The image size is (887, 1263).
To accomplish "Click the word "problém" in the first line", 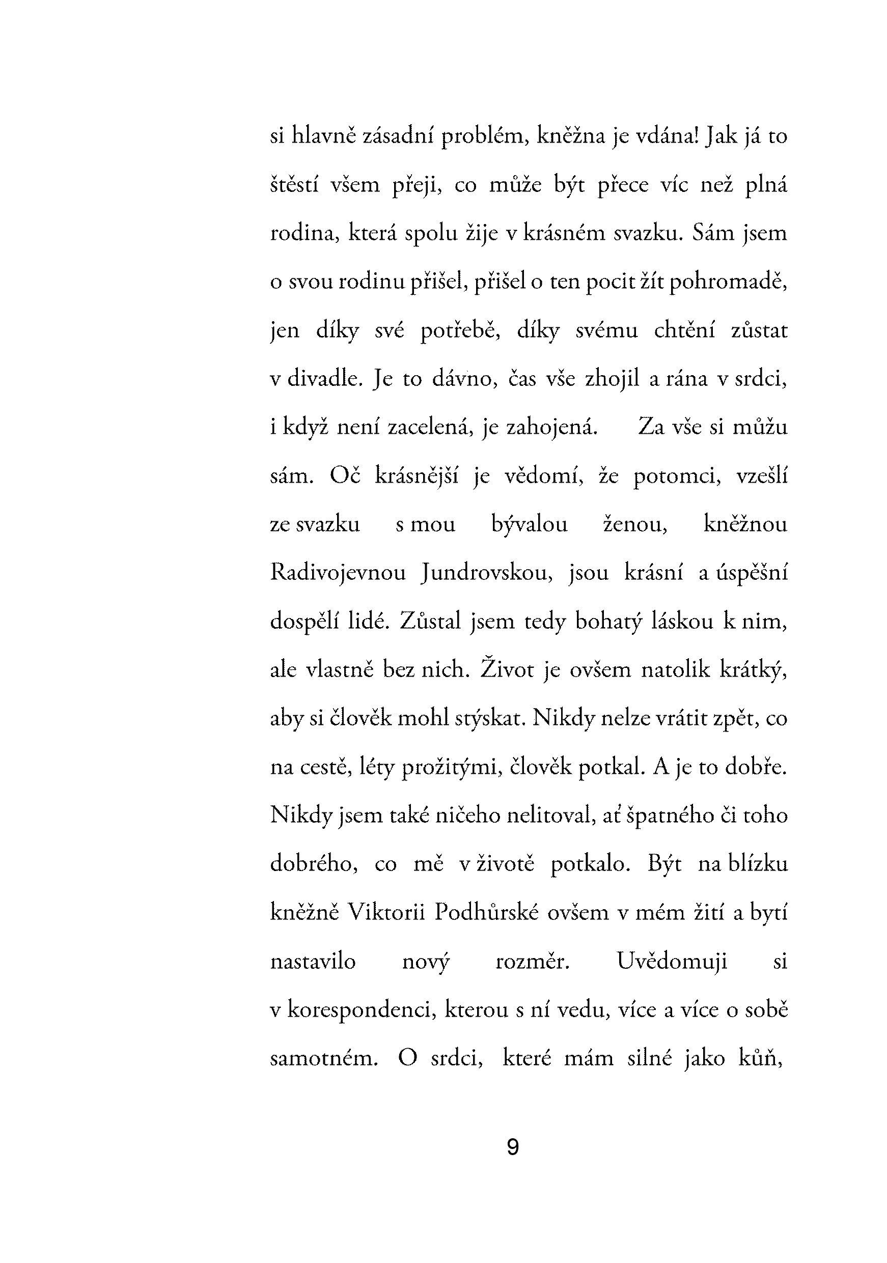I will tap(485, 136).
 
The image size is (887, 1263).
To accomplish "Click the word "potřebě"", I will tap(459, 330).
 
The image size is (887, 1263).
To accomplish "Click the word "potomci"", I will tap(677, 476).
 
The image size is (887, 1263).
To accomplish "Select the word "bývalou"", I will tap(530, 524).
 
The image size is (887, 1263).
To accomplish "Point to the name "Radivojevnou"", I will tap(338, 573).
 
